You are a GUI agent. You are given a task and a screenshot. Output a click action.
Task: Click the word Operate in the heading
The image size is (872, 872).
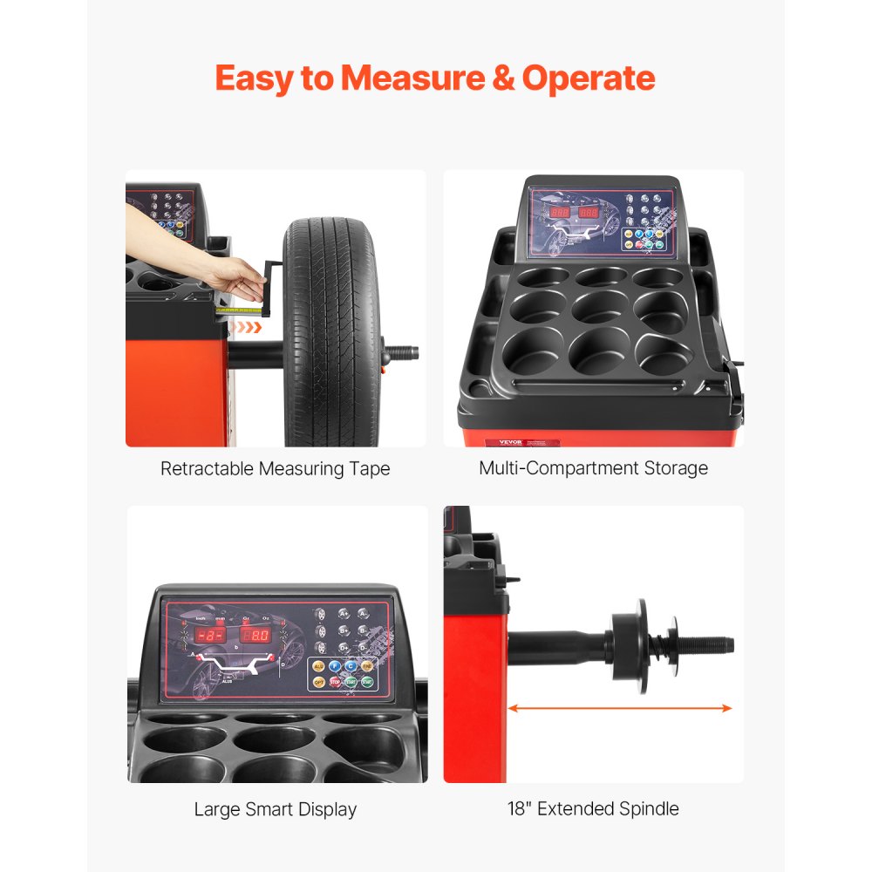click(x=589, y=78)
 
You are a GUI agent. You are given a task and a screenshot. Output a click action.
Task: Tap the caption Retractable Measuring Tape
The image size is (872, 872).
click(x=275, y=469)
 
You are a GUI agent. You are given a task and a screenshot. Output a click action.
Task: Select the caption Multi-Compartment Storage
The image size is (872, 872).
click(x=593, y=468)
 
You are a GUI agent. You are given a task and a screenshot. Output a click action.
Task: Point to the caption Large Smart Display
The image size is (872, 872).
click(x=275, y=809)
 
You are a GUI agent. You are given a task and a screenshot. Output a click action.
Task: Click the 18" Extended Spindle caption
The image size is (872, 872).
click(x=593, y=808)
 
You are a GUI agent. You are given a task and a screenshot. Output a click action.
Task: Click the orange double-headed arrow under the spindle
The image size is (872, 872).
click(x=620, y=708)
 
